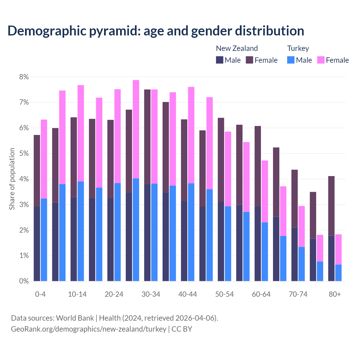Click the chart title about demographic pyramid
pos(156,31)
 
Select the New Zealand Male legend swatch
pos(220,60)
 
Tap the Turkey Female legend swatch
pos(321,60)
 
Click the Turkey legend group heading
pos(298,48)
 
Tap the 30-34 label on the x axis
pos(151,294)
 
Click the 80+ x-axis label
pos(335,294)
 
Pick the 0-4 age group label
pos(40,294)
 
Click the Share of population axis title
pos(12,179)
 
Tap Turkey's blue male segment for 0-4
pos(44,240)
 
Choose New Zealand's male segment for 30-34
pos(147,233)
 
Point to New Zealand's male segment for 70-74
pos(294,254)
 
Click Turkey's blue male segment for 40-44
pos(191,232)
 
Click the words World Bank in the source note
pos(75,318)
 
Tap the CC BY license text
pos(182,329)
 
